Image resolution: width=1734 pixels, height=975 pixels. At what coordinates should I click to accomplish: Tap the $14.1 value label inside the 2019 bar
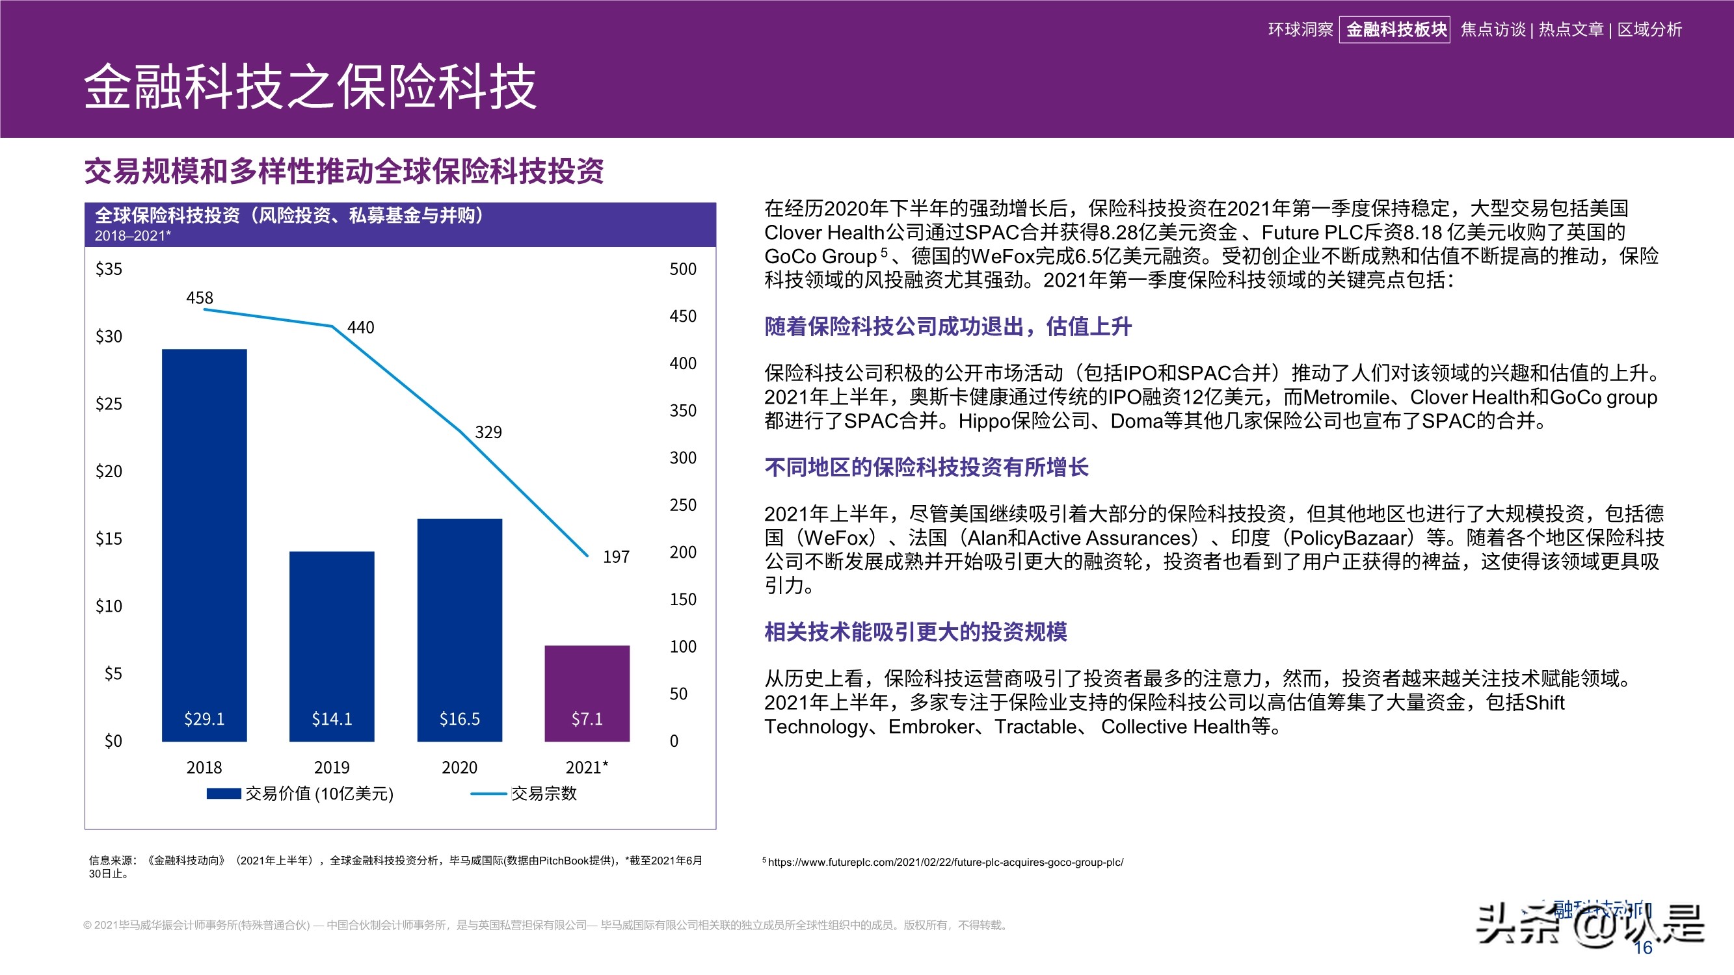(x=332, y=719)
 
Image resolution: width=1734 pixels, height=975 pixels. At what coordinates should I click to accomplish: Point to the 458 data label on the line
(x=199, y=298)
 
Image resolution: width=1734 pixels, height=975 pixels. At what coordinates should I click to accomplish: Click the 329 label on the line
(x=488, y=432)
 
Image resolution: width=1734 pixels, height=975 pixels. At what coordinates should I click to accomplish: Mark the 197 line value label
(x=616, y=556)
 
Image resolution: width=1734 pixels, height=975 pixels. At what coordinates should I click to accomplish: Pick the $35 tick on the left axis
(x=109, y=269)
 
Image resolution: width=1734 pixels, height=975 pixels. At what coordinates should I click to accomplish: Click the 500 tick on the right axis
(x=682, y=269)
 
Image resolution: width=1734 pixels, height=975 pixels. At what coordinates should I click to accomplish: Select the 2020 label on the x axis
(x=459, y=767)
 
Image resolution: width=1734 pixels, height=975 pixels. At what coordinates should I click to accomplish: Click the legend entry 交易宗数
(x=543, y=793)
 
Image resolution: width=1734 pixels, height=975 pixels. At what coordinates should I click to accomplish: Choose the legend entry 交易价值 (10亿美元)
(x=319, y=793)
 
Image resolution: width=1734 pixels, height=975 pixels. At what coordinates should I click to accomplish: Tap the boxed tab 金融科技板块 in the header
(x=1394, y=30)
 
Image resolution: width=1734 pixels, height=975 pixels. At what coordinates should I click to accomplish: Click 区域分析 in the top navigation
(x=1649, y=30)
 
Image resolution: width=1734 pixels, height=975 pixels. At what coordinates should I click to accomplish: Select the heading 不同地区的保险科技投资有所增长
(x=926, y=467)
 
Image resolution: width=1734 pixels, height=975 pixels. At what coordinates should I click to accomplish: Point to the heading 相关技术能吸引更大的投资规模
(x=916, y=631)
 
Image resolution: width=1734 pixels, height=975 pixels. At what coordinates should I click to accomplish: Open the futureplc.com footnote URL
(x=945, y=862)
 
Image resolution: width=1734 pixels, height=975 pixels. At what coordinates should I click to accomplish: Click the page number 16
(x=1643, y=948)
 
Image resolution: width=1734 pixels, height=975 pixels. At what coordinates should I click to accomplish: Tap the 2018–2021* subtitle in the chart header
(x=133, y=235)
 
